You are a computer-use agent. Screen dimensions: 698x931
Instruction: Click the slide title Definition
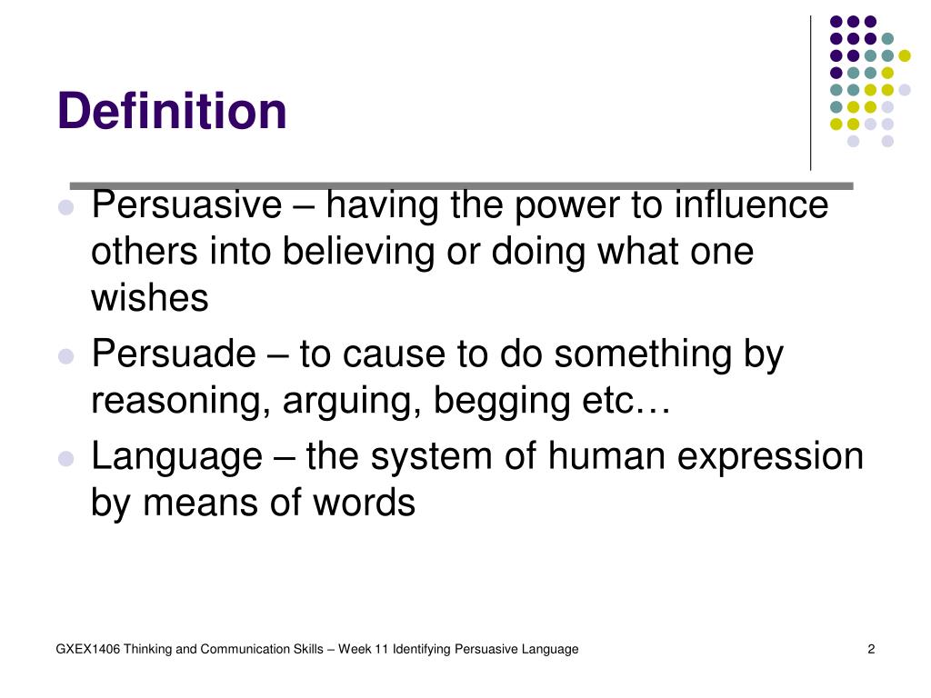pos(172,112)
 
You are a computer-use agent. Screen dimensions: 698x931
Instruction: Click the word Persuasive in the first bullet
pos(187,205)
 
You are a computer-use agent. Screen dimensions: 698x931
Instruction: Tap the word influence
pos(751,205)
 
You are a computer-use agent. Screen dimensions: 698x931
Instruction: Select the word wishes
pos(150,298)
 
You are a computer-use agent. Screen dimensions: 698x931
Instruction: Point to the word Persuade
pos(175,354)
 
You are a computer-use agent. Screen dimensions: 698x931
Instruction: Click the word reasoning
pos(174,401)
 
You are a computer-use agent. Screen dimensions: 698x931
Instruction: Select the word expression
pos(773,457)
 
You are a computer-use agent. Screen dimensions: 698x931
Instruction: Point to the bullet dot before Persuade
pos(65,356)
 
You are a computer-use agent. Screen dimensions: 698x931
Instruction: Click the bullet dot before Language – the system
pos(65,458)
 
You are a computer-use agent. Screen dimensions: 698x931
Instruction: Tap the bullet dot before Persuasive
pos(65,207)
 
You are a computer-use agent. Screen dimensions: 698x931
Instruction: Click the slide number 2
pos(871,649)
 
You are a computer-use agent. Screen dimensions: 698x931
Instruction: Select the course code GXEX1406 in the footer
pos(87,649)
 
